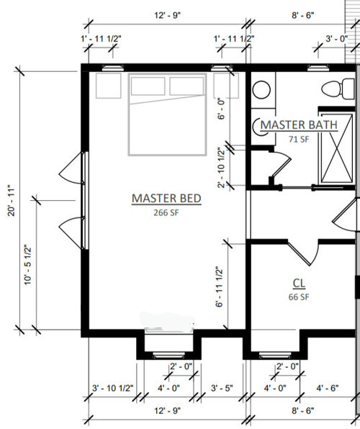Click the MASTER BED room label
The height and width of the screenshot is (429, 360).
coord(166,199)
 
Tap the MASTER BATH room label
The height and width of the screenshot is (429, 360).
coord(299,125)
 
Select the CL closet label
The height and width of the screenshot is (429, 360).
coord(299,284)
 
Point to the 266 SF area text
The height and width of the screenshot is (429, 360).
coord(166,212)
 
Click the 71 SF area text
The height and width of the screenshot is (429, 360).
coord(299,139)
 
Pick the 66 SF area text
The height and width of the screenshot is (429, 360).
coord(299,297)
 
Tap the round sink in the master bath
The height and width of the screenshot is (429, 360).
coord(261,90)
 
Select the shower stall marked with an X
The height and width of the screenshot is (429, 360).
coord(337,148)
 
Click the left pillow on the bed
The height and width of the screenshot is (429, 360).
coord(148,86)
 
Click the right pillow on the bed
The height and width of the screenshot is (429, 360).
coord(186,86)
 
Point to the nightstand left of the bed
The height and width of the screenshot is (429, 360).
coord(109,86)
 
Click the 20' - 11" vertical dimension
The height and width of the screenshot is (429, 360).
coord(12,200)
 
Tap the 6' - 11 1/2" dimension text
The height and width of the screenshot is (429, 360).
coord(220,286)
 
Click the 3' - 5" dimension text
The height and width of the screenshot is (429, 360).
coord(222,388)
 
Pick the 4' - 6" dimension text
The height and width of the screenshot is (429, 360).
coord(328,388)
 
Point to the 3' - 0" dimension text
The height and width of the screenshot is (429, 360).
coord(336,39)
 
